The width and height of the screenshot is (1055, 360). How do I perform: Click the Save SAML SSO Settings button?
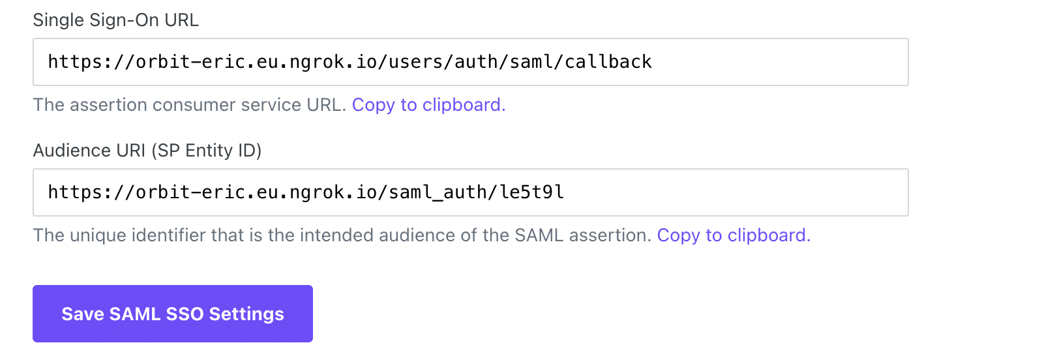pos(173,314)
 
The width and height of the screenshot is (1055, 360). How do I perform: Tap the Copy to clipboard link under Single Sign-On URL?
pos(428,105)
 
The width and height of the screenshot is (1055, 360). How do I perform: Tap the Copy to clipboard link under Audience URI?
pos(734,235)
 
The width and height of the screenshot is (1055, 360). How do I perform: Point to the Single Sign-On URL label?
pos(115,20)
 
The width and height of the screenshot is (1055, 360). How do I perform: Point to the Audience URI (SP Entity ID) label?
pos(147,151)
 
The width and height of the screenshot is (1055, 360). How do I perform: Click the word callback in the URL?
pos(608,62)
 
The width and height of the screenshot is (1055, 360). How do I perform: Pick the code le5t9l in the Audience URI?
pos(531,192)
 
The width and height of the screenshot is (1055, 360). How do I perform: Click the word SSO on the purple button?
pos(185,314)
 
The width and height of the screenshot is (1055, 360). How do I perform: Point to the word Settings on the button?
pos(246,314)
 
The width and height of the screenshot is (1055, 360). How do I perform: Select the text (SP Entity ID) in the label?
pos(206,151)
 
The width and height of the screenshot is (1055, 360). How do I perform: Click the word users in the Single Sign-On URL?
pos(415,62)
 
